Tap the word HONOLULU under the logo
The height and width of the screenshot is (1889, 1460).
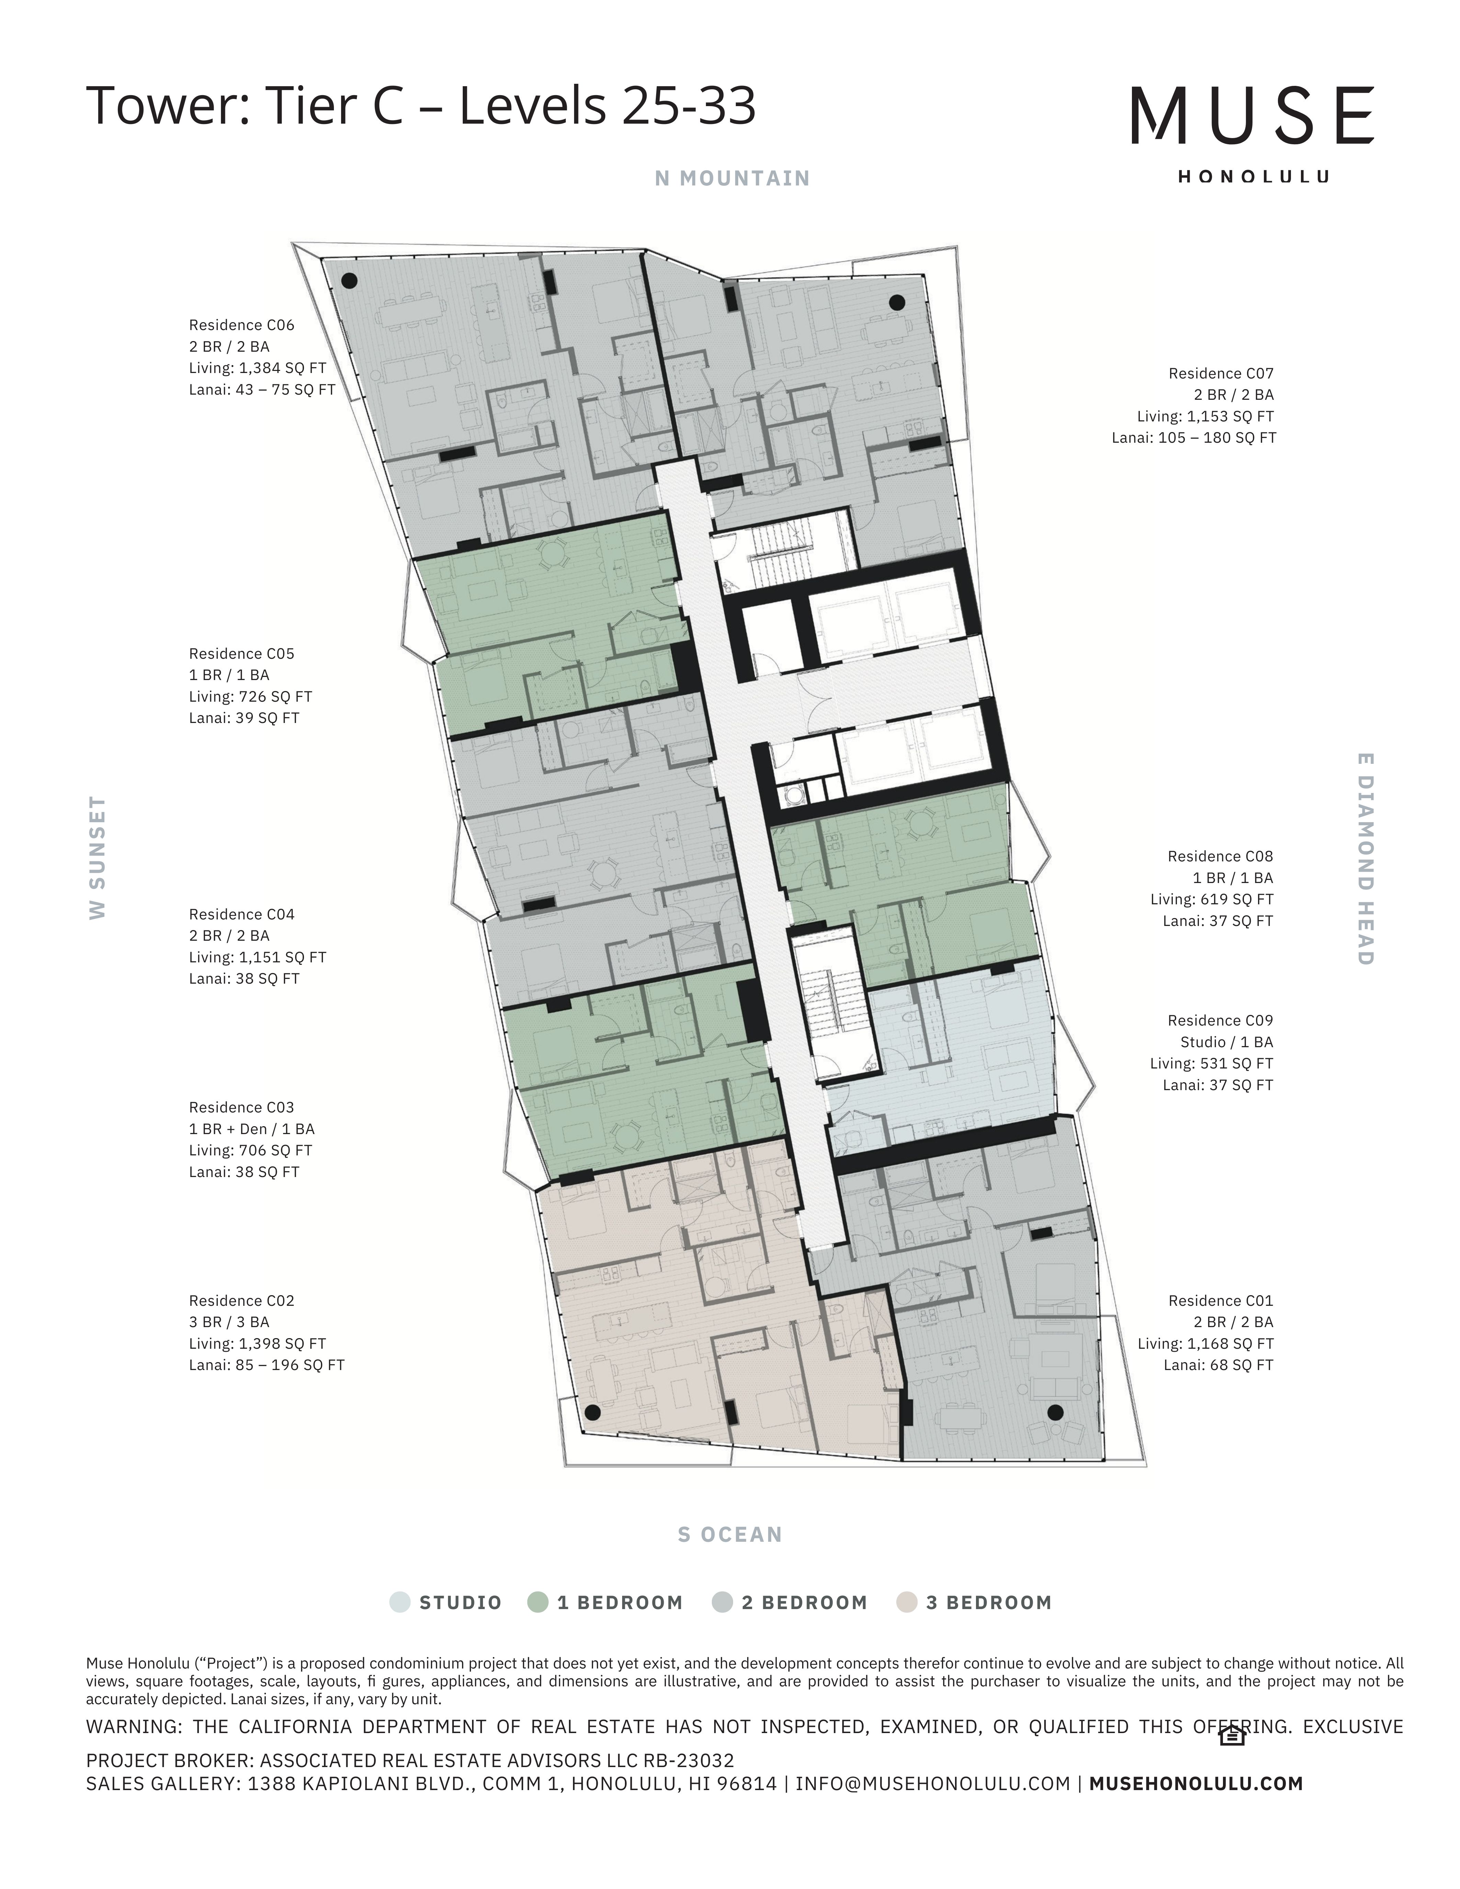[x=1253, y=177]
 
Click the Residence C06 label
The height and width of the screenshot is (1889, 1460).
[x=241, y=325]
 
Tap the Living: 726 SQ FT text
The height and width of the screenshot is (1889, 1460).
[x=251, y=696]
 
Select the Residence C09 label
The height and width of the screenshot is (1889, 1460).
[x=1221, y=1021]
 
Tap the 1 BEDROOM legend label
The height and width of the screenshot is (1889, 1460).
[x=620, y=1603]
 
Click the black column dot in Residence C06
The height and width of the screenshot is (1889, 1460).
[x=349, y=280]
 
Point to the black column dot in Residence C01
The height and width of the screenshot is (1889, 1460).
[x=1055, y=1412]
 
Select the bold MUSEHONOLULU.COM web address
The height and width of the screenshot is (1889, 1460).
[x=1196, y=1783]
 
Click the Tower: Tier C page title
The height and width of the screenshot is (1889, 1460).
[x=421, y=105]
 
